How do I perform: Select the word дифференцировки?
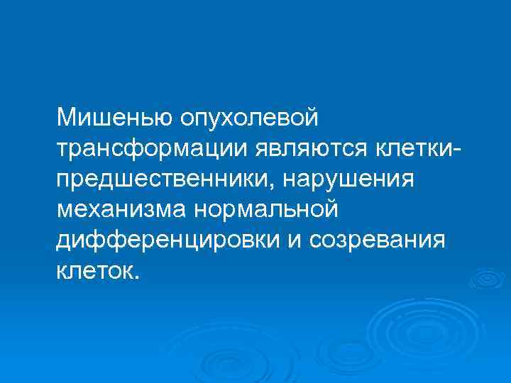tap(171, 240)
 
